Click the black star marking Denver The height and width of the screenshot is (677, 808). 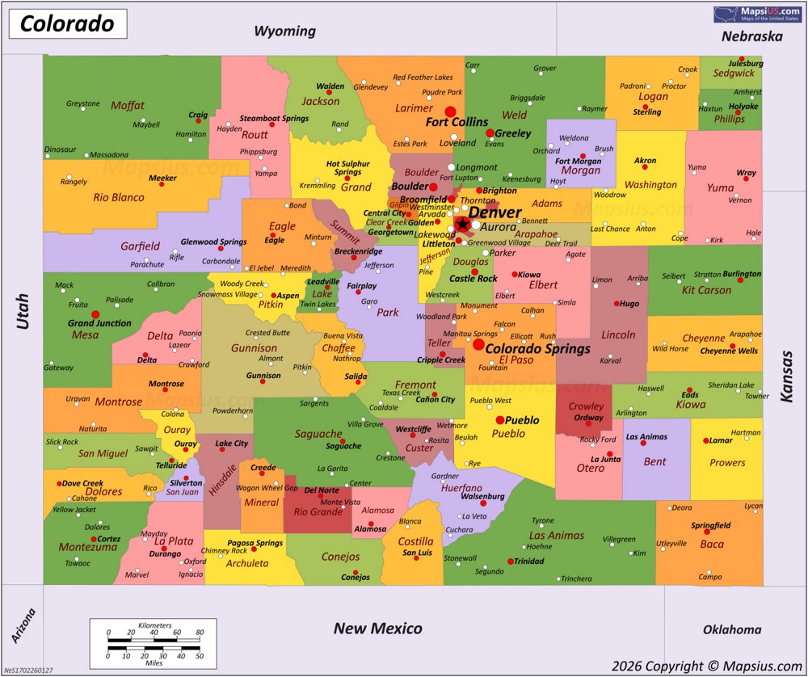461,224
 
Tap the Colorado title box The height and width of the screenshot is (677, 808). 68,24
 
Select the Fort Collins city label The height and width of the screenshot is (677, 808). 457,122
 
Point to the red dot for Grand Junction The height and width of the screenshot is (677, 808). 96,314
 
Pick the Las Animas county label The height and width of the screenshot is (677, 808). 556,535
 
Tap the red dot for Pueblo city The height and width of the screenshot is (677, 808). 500,419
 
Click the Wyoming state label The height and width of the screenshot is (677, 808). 284,32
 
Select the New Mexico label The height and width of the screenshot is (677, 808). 378,628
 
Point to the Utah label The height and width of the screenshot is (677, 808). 23,311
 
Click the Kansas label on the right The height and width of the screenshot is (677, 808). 786,376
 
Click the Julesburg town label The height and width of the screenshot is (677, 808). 746,62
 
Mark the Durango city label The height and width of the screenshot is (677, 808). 165,554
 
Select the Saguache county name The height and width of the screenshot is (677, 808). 318,434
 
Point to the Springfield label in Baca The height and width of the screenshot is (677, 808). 710,525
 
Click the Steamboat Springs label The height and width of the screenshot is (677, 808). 274,119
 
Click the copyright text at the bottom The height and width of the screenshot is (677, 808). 706,666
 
